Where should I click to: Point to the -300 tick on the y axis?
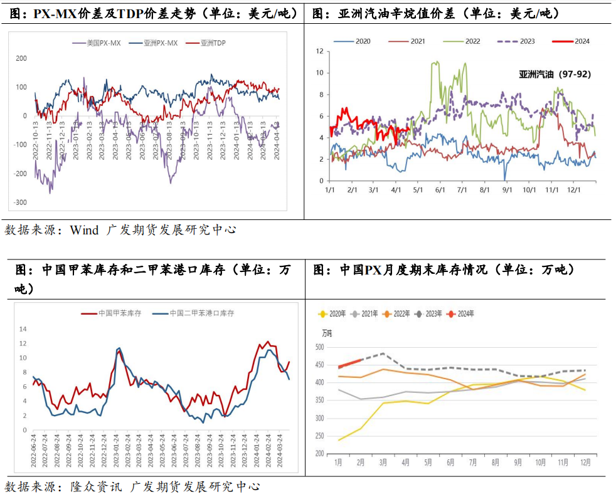pyautogui.click(x=21, y=202)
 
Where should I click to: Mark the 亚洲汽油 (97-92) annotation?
pyautogui.click(x=555, y=74)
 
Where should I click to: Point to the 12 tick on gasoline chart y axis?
pyautogui.click(x=319, y=51)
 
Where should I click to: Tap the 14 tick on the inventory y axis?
pyautogui.click(x=23, y=329)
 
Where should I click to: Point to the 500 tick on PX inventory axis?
pyautogui.click(x=319, y=347)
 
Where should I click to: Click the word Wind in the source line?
pyautogui.click(x=84, y=230)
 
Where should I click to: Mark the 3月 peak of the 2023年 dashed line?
pyautogui.click(x=383, y=353)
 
